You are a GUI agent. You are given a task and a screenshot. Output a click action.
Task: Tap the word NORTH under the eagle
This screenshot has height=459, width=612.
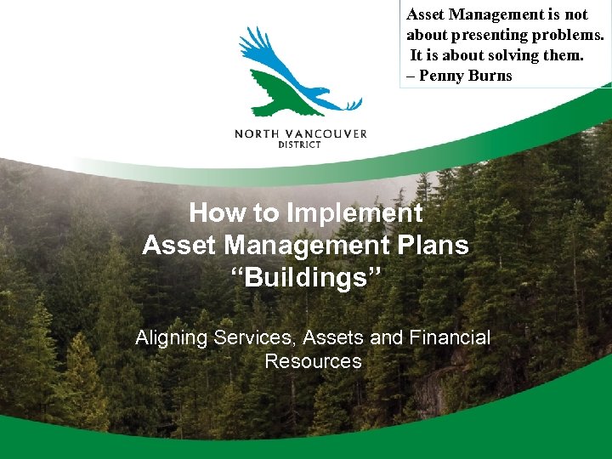tap(258, 133)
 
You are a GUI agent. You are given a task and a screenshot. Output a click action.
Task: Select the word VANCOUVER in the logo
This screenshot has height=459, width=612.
tap(327, 133)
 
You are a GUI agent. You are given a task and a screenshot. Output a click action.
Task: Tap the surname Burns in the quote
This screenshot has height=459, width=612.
tap(490, 76)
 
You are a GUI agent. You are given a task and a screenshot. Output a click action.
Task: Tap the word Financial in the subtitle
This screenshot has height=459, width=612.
tap(450, 337)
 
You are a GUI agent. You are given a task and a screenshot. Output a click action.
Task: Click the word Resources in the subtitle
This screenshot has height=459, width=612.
tap(313, 361)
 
